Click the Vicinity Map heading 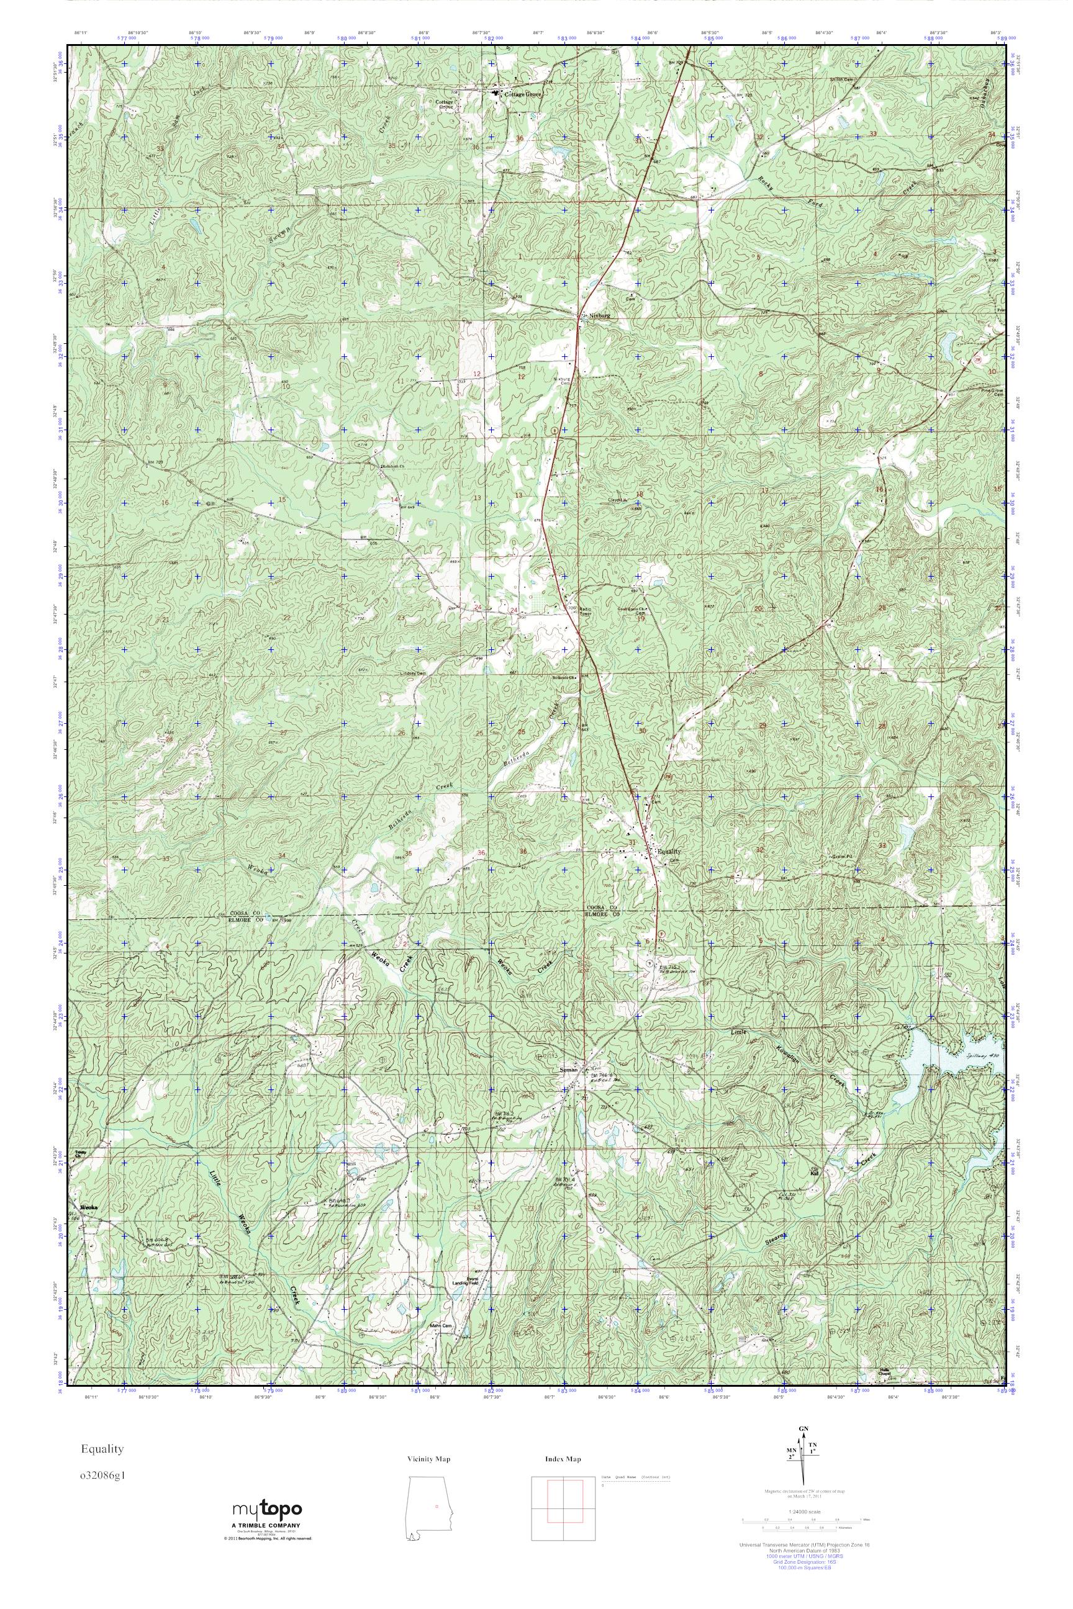click(x=428, y=1459)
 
